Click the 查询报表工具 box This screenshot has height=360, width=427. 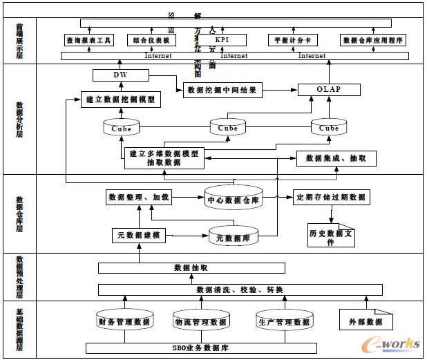88,41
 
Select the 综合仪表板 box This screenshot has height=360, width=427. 153,41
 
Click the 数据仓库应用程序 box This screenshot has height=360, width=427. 373,41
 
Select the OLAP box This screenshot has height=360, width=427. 329,89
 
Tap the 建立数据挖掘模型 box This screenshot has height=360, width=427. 122,100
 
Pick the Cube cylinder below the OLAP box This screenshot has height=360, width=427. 329,127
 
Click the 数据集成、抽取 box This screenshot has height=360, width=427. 336,158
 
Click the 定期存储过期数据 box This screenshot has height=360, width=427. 331,197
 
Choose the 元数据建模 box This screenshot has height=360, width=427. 138,236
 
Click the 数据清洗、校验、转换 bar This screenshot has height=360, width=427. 240,290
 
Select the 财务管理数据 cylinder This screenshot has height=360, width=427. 124,321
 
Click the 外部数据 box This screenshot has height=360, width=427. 366,321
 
